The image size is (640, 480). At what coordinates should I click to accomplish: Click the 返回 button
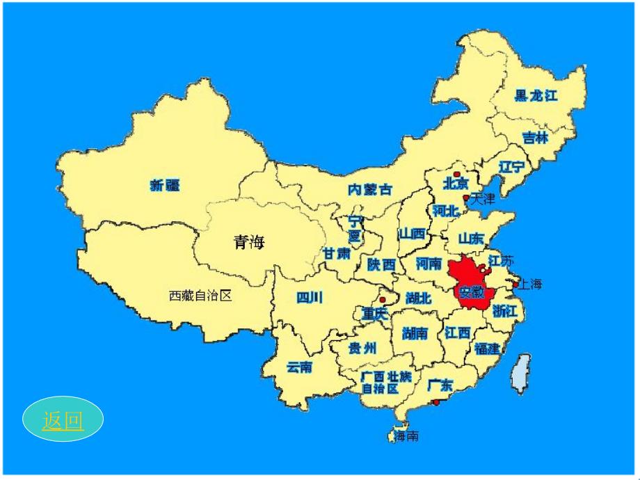point(63,420)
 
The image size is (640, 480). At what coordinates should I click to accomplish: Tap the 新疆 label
point(165,185)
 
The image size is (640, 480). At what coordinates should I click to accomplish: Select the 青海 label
point(249,242)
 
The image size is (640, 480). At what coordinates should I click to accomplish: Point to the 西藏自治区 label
point(200,296)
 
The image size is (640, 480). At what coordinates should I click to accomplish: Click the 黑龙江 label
point(536,96)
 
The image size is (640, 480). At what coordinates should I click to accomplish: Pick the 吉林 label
point(535,138)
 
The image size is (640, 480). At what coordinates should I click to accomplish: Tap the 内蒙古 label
point(369,189)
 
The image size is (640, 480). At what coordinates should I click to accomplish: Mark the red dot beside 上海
point(515,284)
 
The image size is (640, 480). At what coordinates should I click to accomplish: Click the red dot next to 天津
point(466,198)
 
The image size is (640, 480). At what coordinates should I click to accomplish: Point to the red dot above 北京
point(457,174)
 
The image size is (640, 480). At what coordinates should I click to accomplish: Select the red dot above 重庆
point(383,300)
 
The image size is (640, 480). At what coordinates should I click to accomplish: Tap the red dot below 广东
point(435,402)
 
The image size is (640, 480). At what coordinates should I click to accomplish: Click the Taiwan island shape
point(519,374)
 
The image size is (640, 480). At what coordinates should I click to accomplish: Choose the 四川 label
point(310,298)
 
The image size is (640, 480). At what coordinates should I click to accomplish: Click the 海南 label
point(406,436)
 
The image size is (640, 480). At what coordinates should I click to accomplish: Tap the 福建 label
point(486,349)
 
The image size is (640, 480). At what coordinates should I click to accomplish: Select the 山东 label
point(471,238)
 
